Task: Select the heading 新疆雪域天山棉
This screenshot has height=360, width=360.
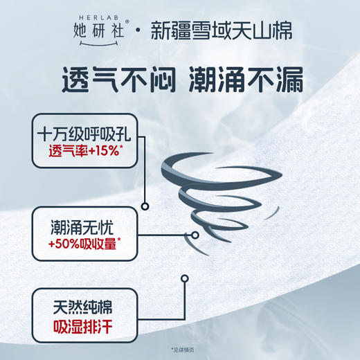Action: [222, 32]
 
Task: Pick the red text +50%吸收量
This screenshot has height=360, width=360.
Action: [82, 244]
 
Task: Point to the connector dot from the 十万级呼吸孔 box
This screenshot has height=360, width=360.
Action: [145, 205]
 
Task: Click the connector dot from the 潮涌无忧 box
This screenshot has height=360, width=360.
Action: [195, 235]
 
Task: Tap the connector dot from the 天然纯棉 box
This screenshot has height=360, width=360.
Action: [184, 278]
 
